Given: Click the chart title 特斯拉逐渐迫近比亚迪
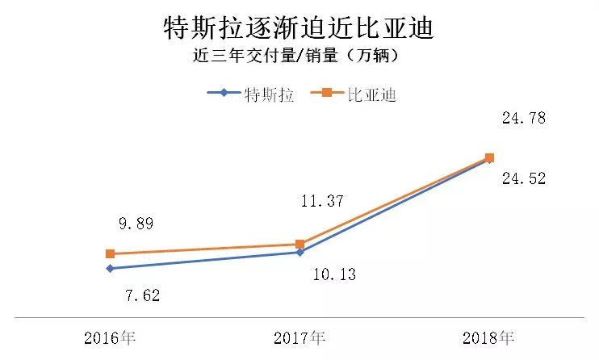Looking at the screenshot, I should tap(298, 28).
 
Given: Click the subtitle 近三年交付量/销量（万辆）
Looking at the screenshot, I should tap(298, 57).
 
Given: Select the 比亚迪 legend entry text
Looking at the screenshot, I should tap(371, 94).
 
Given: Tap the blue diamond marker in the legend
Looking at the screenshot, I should tap(224, 94).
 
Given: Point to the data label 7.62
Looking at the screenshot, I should tap(140, 295).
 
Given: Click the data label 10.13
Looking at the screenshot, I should tap(333, 274).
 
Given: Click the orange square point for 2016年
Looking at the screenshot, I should tap(110, 253).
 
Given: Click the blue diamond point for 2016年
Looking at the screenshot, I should tap(110, 268).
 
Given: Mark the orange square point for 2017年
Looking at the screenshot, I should tap(299, 244).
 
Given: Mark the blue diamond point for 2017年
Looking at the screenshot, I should tap(299, 253).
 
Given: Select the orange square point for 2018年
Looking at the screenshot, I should tap(489, 157).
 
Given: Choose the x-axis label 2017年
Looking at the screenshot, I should tap(300, 337).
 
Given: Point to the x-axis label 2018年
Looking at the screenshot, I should tap(488, 337).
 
